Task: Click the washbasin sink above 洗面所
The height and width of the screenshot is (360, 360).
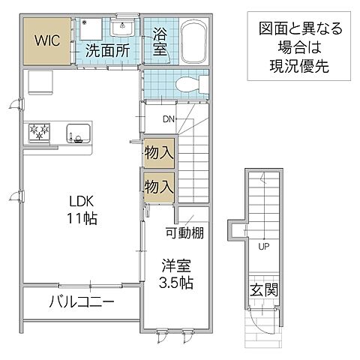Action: pyautogui.click(x=121, y=29)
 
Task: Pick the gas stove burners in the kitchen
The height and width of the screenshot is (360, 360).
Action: pyautogui.click(x=40, y=133)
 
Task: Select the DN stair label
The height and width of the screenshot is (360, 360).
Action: pyautogui.click(x=169, y=117)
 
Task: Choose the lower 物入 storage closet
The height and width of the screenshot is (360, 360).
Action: pyautogui.click(x=158, y=184)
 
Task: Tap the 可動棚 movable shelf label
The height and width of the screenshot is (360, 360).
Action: pyautogui.click(x=185, y=234)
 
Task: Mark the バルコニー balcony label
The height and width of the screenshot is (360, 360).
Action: pyautogui.click(x=82, y=303)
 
